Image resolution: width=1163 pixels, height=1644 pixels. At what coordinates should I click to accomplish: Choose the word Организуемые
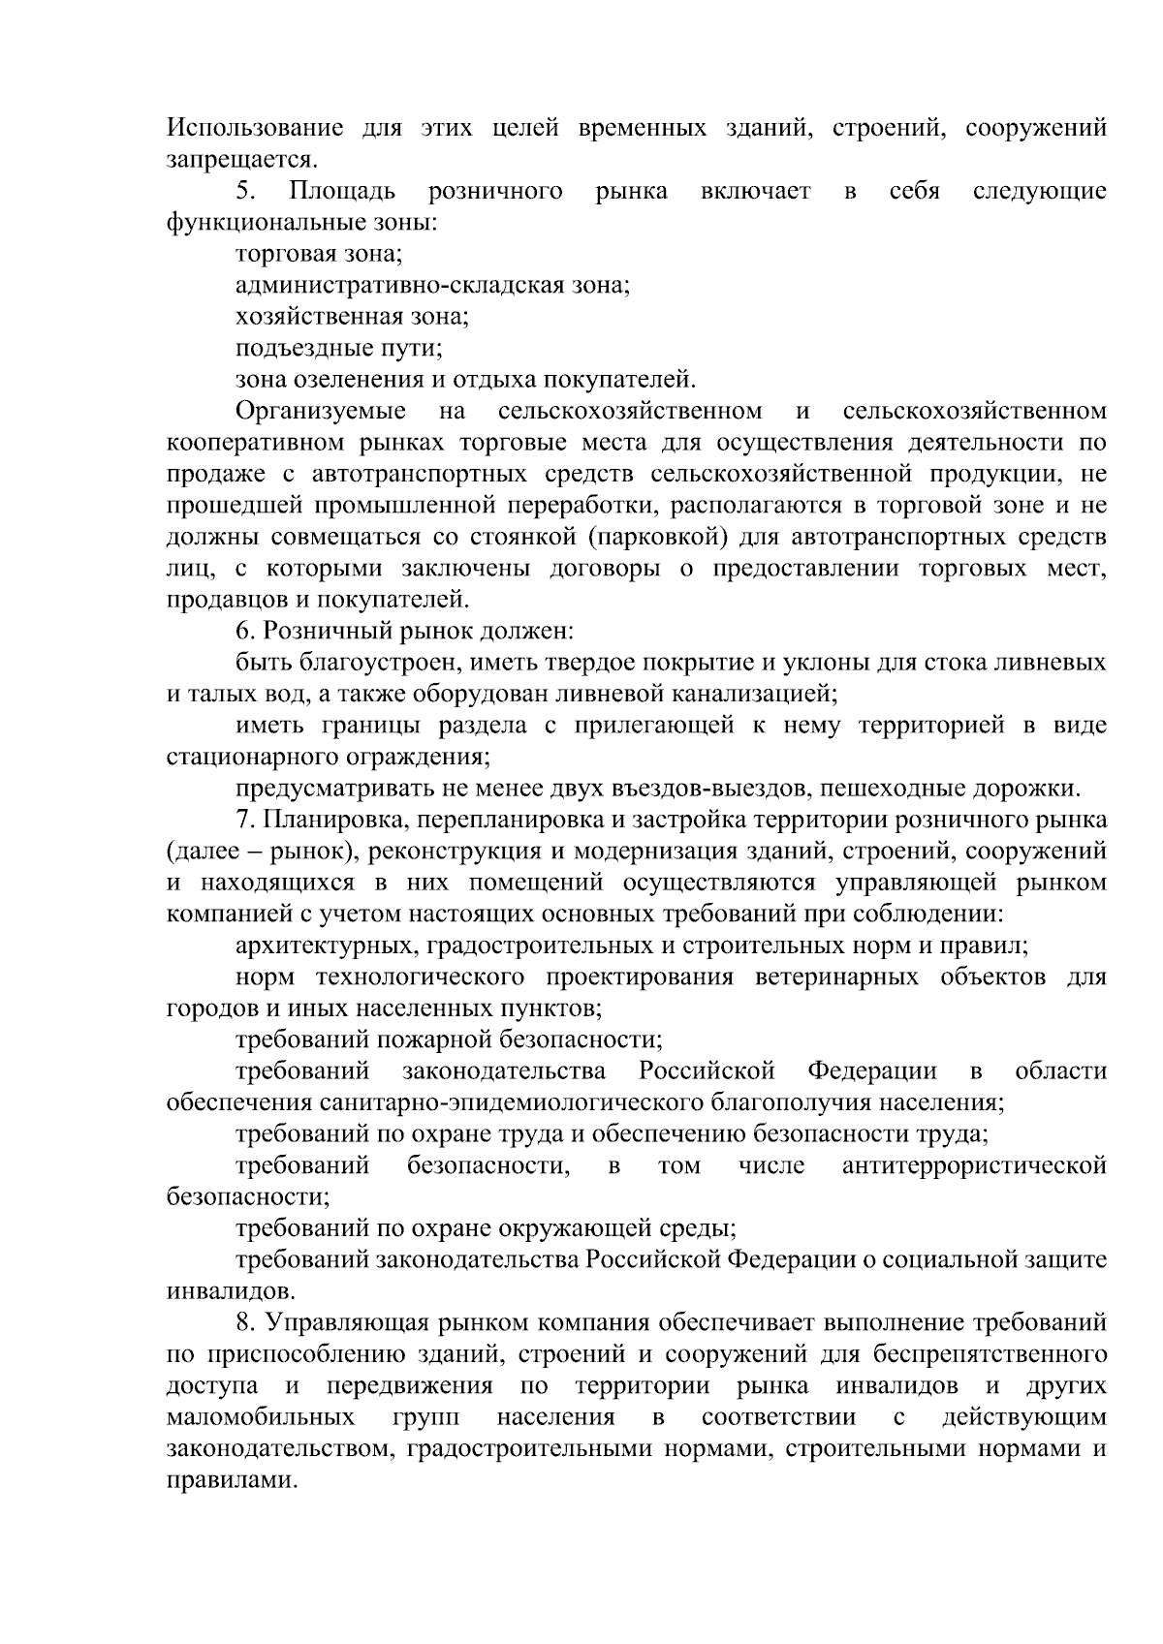coord(321,411)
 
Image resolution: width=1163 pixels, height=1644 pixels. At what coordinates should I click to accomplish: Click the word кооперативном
coord(255,443)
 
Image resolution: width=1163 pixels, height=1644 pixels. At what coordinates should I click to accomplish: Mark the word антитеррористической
coord(974,1165)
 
